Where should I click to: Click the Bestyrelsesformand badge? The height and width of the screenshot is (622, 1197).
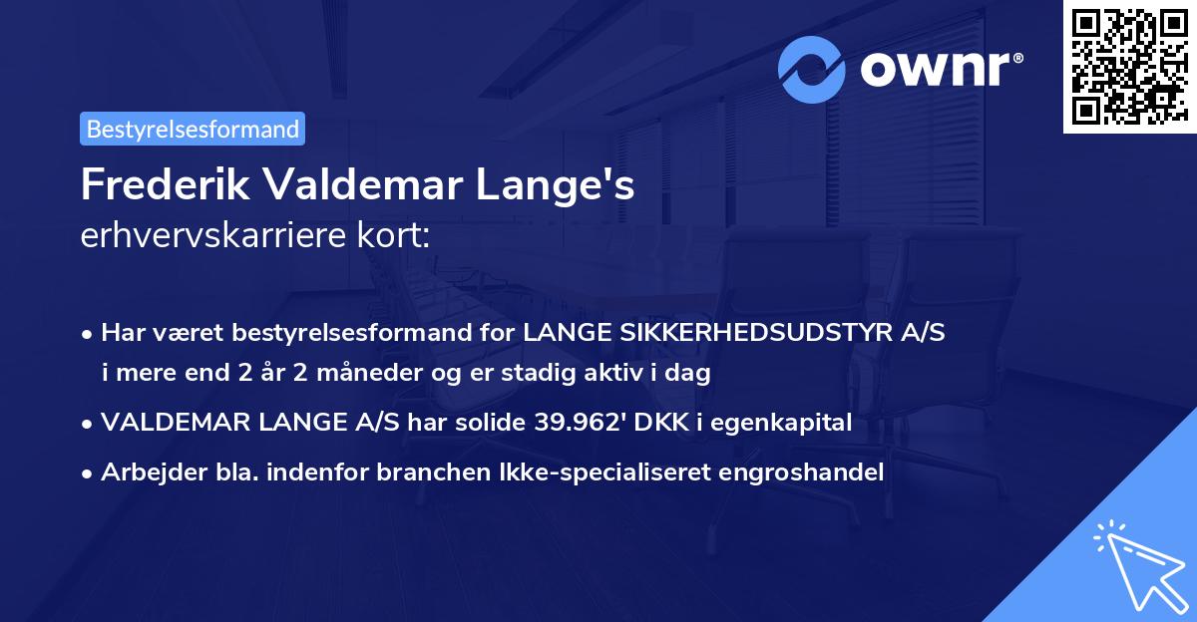[193, 129]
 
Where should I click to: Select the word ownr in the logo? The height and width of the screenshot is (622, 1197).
[939, 68]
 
